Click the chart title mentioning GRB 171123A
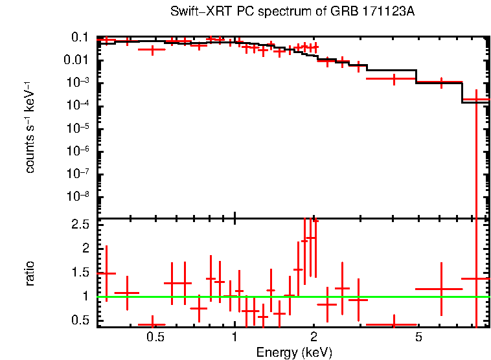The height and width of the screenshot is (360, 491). point(292,12)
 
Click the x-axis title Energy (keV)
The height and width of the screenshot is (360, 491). point(294,353)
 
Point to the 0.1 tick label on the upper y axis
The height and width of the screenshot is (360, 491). point(80,38)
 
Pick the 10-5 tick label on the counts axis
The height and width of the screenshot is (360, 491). point(78,128)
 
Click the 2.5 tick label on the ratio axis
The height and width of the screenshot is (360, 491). point(80,224)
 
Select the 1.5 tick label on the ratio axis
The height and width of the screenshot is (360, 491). point(80,272)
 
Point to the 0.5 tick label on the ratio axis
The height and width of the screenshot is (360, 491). point(80,320)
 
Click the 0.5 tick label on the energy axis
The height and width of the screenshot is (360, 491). point(155,337)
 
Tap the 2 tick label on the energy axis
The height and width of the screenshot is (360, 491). point(314,337)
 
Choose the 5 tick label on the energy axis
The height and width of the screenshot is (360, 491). point(418,337)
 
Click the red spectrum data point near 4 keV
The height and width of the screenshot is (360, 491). point(393,78)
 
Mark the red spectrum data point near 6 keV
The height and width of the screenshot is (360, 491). point(440,82)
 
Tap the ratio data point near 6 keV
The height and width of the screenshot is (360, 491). point(440,289)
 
